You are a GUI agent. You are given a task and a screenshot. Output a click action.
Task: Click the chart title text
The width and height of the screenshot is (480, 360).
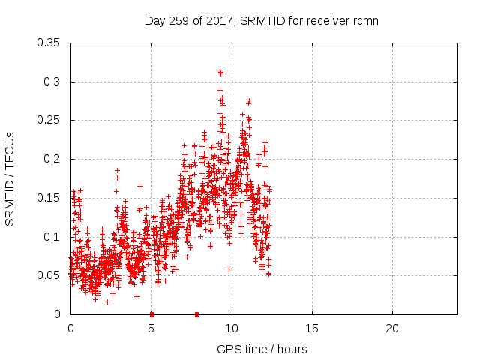(261, 20)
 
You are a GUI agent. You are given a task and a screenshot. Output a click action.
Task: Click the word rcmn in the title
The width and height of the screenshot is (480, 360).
(364, 20)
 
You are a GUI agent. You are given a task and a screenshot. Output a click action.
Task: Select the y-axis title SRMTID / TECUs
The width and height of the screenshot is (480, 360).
(10, 178)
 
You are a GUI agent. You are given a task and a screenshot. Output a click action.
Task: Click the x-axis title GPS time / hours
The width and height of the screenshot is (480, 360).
(262, 349)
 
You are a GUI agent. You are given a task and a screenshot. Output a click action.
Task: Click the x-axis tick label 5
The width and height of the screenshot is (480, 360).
(151, 328)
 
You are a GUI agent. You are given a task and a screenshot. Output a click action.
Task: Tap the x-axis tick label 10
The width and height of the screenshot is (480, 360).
(232, 328)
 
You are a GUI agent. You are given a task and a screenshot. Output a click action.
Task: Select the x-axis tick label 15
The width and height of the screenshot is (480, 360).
(312, 328)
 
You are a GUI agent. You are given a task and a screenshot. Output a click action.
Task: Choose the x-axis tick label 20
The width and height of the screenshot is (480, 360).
(392, 328)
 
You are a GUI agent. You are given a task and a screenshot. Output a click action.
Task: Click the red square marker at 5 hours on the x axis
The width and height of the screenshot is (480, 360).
(151, 314)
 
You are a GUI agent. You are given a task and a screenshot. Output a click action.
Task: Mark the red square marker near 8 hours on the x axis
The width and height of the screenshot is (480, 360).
(196, 314)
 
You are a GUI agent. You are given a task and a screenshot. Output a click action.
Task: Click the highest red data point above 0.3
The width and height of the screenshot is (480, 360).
(220, 71)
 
